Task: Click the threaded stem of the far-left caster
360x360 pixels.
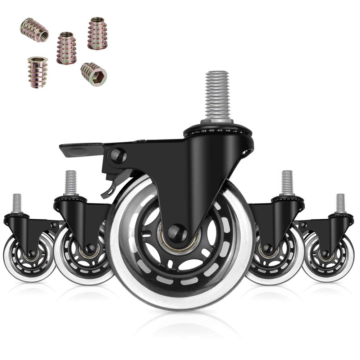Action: (17, 203)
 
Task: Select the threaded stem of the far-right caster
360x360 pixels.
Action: (340, 203)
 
